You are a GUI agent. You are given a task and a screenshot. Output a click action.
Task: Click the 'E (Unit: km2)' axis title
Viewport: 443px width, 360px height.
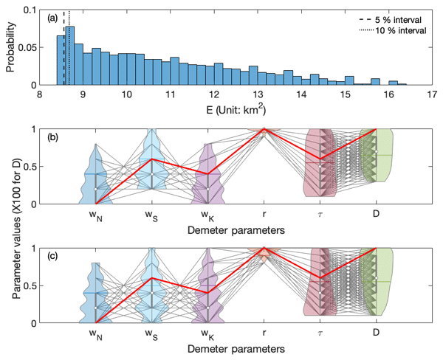click(x=236, y=108)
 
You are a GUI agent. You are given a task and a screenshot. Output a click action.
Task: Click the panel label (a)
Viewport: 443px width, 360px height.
click(x=55, y=15)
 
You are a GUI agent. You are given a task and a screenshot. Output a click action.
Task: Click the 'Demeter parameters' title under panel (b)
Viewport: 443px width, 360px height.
click(x=236, y=229)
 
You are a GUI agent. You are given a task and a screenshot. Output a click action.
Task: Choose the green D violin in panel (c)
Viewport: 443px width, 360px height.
click(x=379, y=288)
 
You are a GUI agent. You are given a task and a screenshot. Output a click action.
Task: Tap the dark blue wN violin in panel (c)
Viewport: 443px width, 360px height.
click(x=96, y=295)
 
